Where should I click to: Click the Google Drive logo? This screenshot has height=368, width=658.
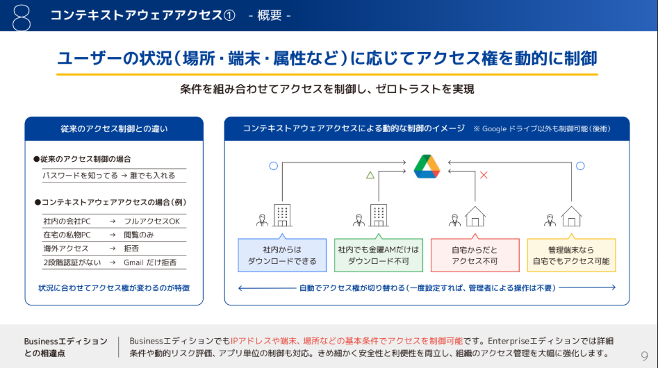(427, 167)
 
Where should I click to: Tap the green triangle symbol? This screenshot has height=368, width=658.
(370, 175)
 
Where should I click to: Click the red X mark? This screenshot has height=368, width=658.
(484, 175)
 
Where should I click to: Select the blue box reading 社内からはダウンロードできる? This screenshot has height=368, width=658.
(282, 255)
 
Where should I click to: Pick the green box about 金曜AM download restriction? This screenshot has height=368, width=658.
(379, 255)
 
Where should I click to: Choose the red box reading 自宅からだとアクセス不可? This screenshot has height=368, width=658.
(475, 255)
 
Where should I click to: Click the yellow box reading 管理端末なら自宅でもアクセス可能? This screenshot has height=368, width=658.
(571, 255)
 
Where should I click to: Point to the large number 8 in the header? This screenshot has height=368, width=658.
(22, 16)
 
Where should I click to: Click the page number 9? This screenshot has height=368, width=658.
(644, 356)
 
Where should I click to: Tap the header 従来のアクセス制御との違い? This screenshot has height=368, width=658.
(114, 128)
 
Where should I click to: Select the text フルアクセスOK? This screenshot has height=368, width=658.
(151, 221)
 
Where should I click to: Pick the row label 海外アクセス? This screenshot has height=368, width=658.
(66, 249)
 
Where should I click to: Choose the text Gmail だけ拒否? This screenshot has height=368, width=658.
(150, 262)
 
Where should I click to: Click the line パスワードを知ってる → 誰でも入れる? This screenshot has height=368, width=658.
(109, 176)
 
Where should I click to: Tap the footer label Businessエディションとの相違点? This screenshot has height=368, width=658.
(65, 346)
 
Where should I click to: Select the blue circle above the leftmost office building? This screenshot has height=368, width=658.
(273, 166)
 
